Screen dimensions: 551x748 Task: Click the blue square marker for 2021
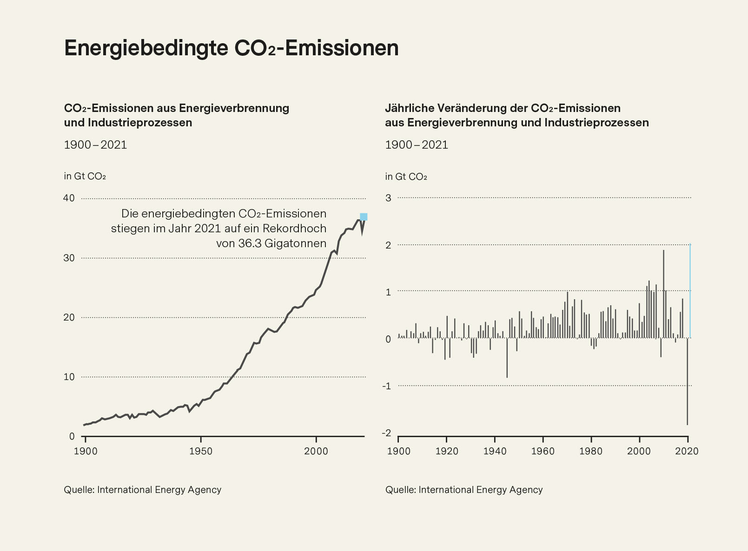(x=364, y=216)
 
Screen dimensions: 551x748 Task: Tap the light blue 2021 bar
(x=690, y=292)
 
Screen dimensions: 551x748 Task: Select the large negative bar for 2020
(x=687, y=381)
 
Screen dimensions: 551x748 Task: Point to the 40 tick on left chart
(x=69, y=198)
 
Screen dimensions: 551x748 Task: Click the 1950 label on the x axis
(x=201, y=451)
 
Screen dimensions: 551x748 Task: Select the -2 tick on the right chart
(x=386, y=433)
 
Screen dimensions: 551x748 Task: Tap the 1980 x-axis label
(x=590, y=451)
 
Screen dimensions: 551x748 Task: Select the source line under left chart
(x=142, y=490)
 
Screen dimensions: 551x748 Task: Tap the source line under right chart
(x=464, y=490)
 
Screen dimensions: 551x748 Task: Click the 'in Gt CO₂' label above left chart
(x=85, y=177)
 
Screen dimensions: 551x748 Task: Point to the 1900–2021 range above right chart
(x=417, y=145)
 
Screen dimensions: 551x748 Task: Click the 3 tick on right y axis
(x=389, y=198)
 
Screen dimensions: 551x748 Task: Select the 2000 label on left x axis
(x=316, y=451)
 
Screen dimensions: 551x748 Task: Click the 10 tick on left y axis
(x=69, y=377)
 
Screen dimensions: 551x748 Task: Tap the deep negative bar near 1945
(x=507, y=358)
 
